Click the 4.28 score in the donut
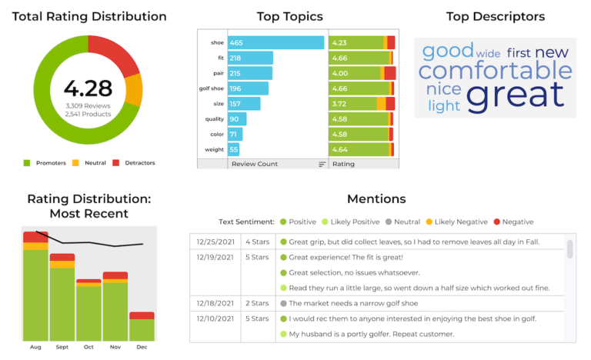(88, 88)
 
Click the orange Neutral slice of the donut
(133, 90)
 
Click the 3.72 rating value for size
(341, 104)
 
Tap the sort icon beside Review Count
(322, 164)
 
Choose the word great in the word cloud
(515, 95)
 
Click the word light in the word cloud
(443, 106)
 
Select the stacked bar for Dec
(142, 326)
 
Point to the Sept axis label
(62, 347)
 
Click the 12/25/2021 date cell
(215, 242)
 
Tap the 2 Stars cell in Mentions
(257, 303)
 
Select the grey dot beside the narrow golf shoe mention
(283, 303)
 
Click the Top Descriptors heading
(495, 16)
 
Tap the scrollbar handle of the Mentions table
(569, 249)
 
